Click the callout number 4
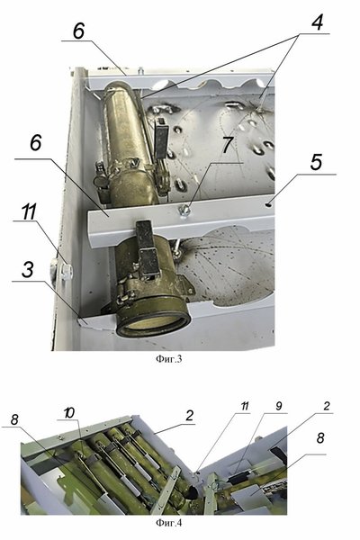pyautogui.click(x=318, y=22)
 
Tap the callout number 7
pyautogui.click(x=228, y=145)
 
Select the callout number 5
pyautogui.click(x=316, y=162)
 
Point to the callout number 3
pyautogui.click(x=28, y=270)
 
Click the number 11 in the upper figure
pyautogui.click(x=29, y=211)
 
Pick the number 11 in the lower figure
pyautogui.click(x=244, y=406)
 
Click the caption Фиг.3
pyautogui.click(x=168, y=359)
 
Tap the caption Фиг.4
pyautogui.click(x=168, y=523)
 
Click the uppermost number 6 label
pyautogui.click(x=78, y=31)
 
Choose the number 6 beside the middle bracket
pyautogui.click(x=36, y=142)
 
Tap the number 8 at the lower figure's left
pyautogui.click(x=14, y=419)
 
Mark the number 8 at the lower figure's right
pyautogui.click(x=320, y=438)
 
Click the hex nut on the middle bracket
pyautogui.click(x=184, y=209)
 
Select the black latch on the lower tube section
pyautogui.click(x=148, y=248)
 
